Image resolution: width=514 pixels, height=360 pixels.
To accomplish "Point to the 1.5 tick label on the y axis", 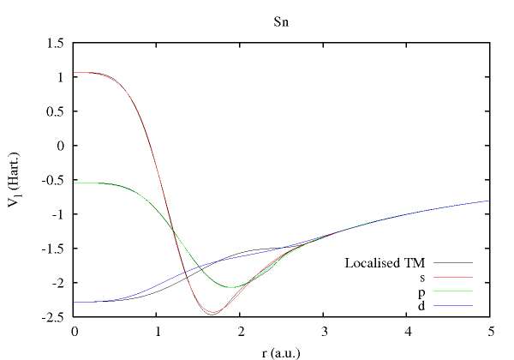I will pos(57,43).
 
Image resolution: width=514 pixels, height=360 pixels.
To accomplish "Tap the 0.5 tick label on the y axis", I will pos(57,111).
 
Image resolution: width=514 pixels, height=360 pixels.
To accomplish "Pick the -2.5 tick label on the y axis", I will pos(55,317).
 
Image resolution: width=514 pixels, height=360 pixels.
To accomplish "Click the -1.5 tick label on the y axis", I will pos(55,249).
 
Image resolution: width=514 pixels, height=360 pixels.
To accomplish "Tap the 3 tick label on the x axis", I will pos(323,331).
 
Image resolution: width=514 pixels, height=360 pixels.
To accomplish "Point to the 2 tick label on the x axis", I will pos(241,331).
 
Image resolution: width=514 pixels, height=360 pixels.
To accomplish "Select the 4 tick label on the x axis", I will pos(406,331).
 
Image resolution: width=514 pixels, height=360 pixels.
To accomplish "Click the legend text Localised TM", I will pos(385,262).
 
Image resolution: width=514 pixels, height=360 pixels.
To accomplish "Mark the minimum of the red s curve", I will pos(212,314).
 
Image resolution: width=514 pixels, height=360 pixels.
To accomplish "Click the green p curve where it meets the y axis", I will pos(76,183).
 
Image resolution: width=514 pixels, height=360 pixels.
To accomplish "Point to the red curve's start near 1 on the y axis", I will pos(76,73).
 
